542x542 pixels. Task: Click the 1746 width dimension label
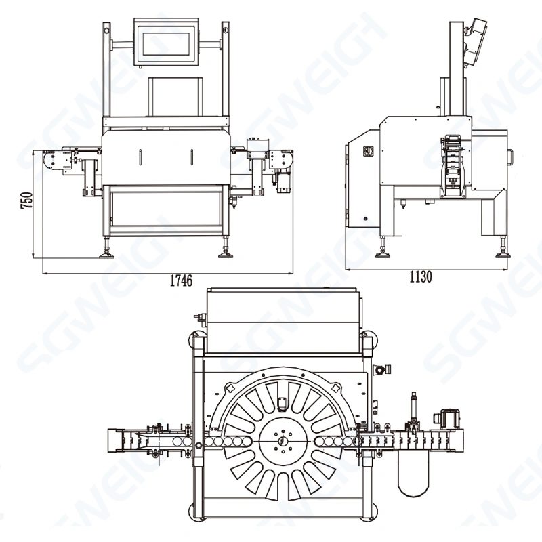click(179, 280)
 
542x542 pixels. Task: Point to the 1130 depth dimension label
click(420, 276)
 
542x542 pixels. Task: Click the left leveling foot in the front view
click(108, 255)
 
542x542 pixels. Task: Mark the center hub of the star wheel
click(281, 442)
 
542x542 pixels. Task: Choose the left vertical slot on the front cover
click(139, 156)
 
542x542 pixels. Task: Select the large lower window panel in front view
click(167, 210)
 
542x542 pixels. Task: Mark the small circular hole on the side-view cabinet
click(366, 220)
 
